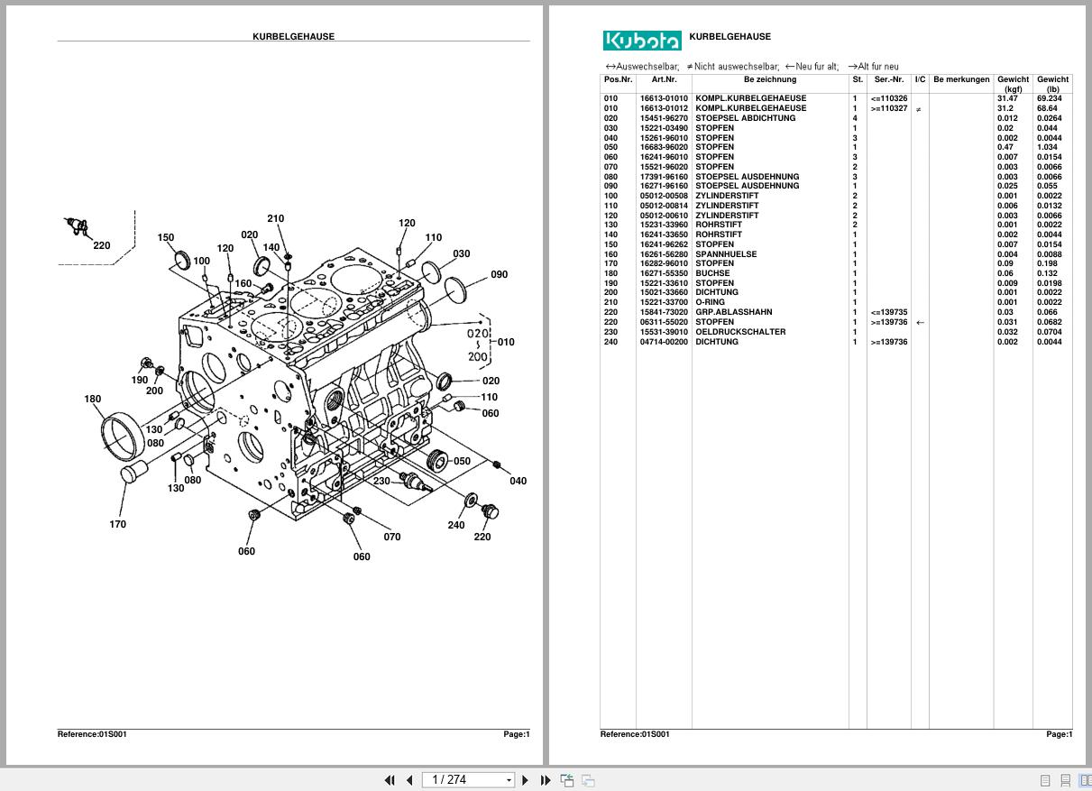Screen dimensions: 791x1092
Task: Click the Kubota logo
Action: pos(642,41)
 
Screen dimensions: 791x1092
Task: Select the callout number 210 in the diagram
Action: pos(276,218)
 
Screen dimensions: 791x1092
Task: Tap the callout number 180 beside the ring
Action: pos(93,399)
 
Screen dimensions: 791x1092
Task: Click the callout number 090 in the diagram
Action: pos(499,274)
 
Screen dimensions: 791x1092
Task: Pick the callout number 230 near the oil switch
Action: pos(381,481)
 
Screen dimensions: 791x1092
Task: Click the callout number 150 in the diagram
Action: pos(166,238)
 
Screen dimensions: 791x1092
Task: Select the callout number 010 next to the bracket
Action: pos(506,342)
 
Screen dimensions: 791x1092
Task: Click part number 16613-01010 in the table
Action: pos(664,98)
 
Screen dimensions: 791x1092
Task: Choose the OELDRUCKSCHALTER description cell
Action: pos(739,332)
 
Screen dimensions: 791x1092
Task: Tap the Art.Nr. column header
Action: pos(664,79)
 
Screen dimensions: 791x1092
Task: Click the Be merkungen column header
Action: pos(961,79)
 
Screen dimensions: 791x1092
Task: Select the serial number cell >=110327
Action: pos(888,108)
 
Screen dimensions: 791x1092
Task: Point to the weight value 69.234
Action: pos(1049,98)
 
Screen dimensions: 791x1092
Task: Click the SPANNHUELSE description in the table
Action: pos(726,254)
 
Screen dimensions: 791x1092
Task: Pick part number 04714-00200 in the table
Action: pos(664,342)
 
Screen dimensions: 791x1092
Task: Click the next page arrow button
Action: pos(526,780)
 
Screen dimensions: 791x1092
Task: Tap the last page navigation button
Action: pos(546,780)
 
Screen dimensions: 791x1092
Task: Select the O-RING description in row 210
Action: pos(710,302)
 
